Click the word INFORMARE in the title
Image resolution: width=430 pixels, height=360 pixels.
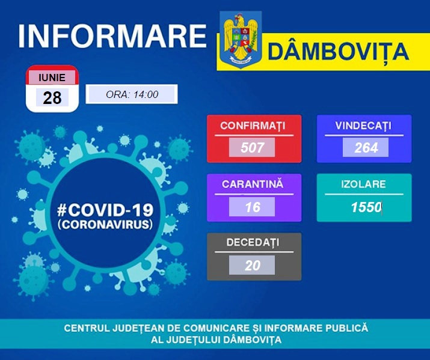click(112, 37)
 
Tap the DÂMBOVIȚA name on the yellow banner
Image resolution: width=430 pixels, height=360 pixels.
click(339, 52)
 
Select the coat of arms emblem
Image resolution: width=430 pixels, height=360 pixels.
click(241, 39)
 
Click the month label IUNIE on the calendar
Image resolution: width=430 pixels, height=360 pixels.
click(52, 78)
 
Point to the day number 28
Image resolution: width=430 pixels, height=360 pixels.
click(52, 97)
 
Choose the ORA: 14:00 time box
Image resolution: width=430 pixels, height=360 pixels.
click(132, 94)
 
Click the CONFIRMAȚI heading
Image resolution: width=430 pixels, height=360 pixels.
click(253, 126)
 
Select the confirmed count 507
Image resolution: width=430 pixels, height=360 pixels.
click(252, 147)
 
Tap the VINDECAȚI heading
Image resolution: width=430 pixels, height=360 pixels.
click(363, 126)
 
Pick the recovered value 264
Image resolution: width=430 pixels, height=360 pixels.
click(366, 148)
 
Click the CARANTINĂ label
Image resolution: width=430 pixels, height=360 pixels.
click(253, 184)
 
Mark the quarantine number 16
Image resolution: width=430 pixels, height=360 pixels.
click(253, 207)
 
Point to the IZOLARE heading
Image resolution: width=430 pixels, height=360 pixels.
click(363, 184)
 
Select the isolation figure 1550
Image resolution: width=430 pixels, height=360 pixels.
click(366, 207)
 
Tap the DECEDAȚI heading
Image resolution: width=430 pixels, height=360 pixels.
click(253, 242)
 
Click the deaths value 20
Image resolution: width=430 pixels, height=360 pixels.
click(253, 266)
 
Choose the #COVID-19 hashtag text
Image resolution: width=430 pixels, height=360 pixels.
click(105, 210)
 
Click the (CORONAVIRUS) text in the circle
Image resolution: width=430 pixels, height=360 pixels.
click(105, 224)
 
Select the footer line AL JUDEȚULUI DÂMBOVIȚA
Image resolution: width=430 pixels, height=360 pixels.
click(217, 340)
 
